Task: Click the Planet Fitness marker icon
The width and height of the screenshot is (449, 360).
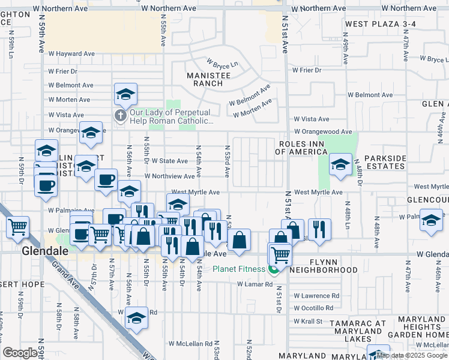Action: (x=274, y=269)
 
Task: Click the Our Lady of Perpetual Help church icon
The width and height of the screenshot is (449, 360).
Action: (x=121, y=115)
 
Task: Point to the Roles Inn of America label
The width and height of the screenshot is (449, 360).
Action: (x=303, y=148)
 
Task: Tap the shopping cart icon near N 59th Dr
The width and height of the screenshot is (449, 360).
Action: (x=19, y=227)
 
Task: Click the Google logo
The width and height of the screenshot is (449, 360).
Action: (x=20, y=353)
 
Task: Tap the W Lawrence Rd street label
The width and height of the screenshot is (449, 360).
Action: (x=316, y=296)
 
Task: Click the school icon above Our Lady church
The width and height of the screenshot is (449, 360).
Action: (x=125, y=94)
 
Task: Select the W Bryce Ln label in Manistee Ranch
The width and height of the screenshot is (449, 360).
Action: (x=223, y=63)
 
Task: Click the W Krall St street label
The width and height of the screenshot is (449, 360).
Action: (x=309, y=322)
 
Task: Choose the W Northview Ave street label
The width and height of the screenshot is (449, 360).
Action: (x=170, y=176)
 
